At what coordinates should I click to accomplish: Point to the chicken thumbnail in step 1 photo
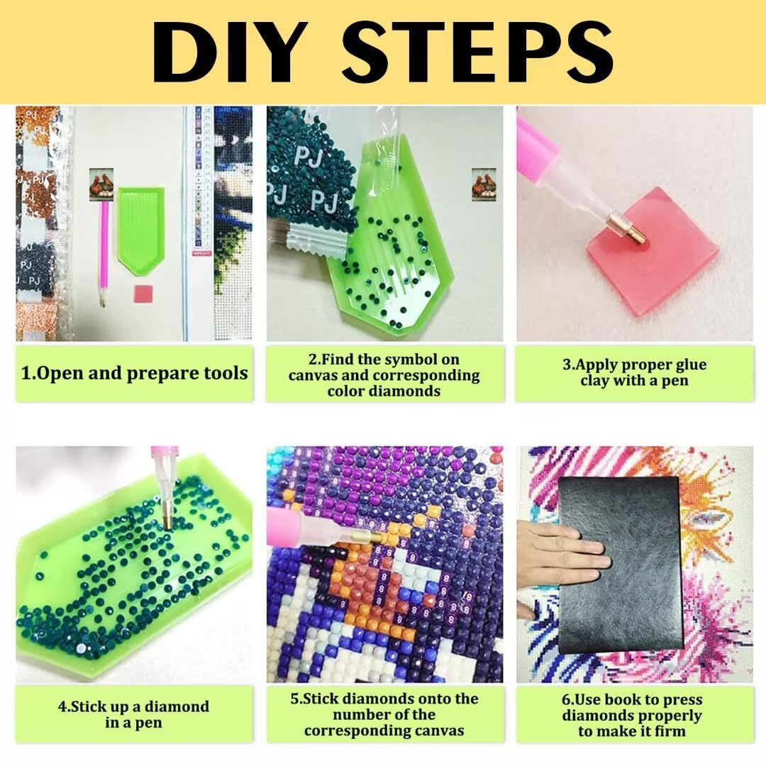(101, 184)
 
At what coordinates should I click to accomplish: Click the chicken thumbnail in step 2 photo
(484, 184)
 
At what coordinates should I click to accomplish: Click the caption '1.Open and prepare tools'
(135, 373)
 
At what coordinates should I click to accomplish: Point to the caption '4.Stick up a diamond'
(133, 707)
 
